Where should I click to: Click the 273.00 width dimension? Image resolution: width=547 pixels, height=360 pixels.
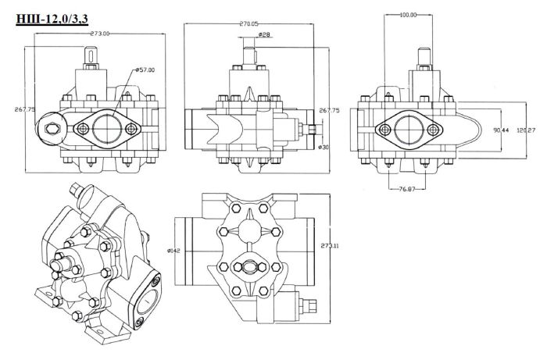[99, 33]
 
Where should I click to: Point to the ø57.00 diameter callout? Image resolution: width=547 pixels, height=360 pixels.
[146, 70]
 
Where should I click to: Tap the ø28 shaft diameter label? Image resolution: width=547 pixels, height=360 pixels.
[263, 34]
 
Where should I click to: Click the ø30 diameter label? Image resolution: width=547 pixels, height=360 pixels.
[323, 147]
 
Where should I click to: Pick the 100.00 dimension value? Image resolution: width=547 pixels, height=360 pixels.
[408, 15]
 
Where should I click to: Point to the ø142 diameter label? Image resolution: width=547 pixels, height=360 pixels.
[175, 250]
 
